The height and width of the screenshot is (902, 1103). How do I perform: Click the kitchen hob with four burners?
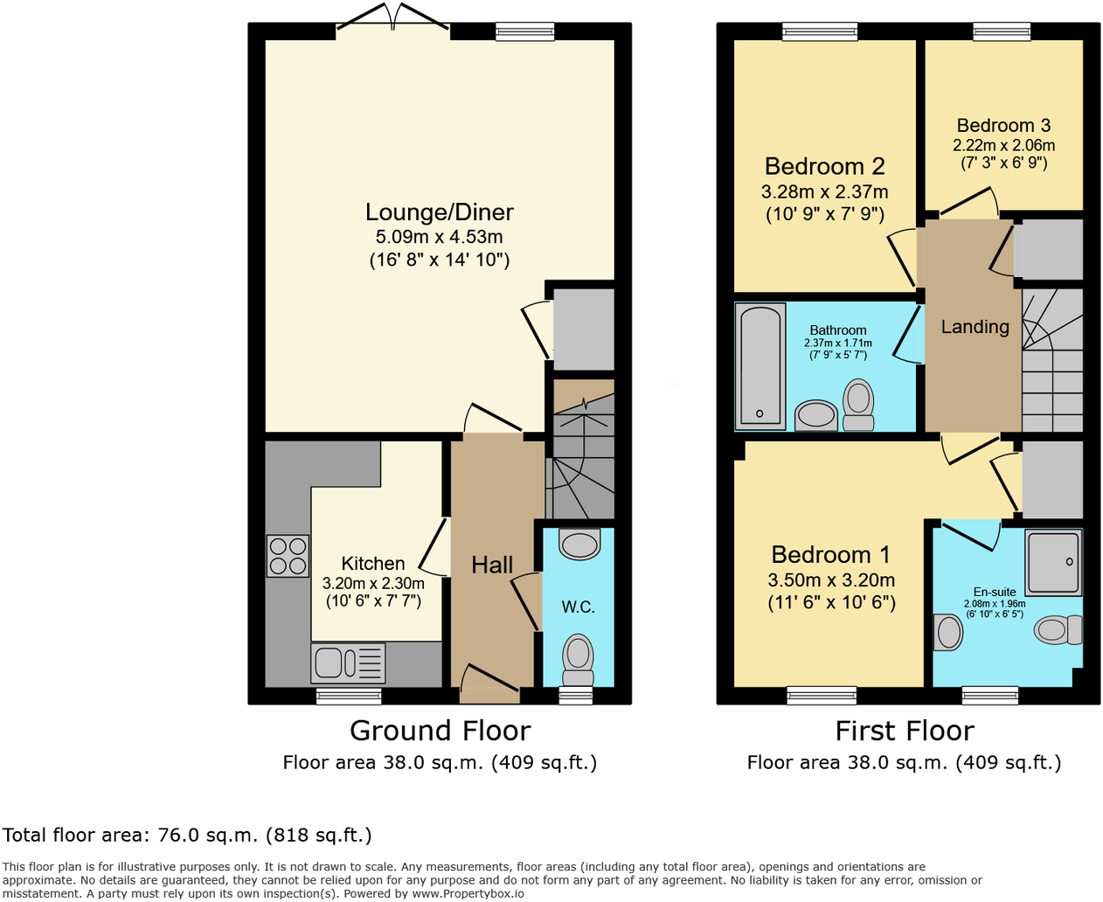(x=288, y=555)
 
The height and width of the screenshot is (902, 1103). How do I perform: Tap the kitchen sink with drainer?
(x=348, y=663)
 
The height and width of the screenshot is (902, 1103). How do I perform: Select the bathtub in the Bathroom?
(x=760, y=366)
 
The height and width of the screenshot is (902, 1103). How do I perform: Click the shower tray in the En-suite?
(x=1053, y=563)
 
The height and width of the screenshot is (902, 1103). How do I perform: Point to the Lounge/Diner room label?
(x=440, y=212)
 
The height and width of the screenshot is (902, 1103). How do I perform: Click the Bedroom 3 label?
(x=1003, y=126)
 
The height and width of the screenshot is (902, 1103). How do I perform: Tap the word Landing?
(x=975, y=327)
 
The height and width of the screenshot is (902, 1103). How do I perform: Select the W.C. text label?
(x=578, y=607)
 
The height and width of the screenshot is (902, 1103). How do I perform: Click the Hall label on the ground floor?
(x=492, y=565)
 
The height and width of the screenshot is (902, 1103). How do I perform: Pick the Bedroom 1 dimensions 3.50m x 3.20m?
(x=831, y=579)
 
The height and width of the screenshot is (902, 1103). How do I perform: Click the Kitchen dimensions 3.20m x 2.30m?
(x=373, y=583)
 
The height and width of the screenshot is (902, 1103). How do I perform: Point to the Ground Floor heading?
(x=440, y=731)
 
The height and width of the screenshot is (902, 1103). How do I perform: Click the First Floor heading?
(x=905, y=731)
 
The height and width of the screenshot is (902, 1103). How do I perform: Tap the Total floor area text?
(x=187, y=835)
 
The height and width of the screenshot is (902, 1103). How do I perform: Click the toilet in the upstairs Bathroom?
(x=858, y=405)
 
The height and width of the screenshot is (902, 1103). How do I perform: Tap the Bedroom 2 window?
(x=820, y=31)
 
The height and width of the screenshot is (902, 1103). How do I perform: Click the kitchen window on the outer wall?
(x=349, y=696)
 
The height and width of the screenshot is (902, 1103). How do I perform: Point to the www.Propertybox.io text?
(x=468, y=893)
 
